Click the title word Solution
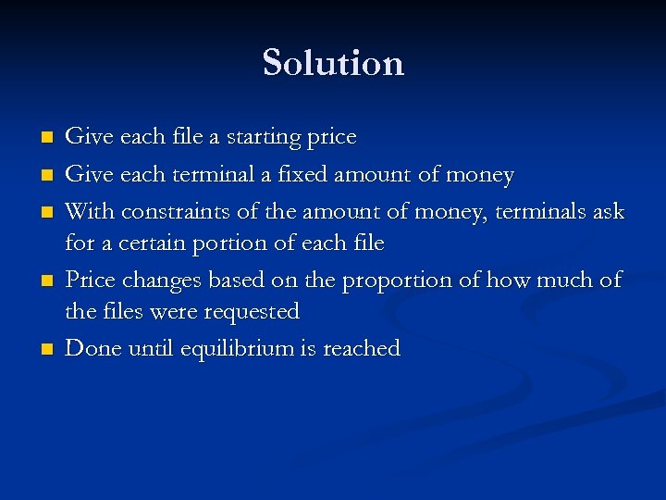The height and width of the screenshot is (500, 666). point(333,63)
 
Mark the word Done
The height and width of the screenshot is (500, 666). point(91,348)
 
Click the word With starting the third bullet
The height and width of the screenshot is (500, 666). point(87,211)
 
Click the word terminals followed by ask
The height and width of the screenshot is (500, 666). point(540,211)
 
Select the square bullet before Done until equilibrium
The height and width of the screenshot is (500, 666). point(45,350)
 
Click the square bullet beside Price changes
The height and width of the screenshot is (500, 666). point(45,281)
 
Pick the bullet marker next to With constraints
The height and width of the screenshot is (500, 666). point(45,212)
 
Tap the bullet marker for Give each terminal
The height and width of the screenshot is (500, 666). point(45,175)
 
